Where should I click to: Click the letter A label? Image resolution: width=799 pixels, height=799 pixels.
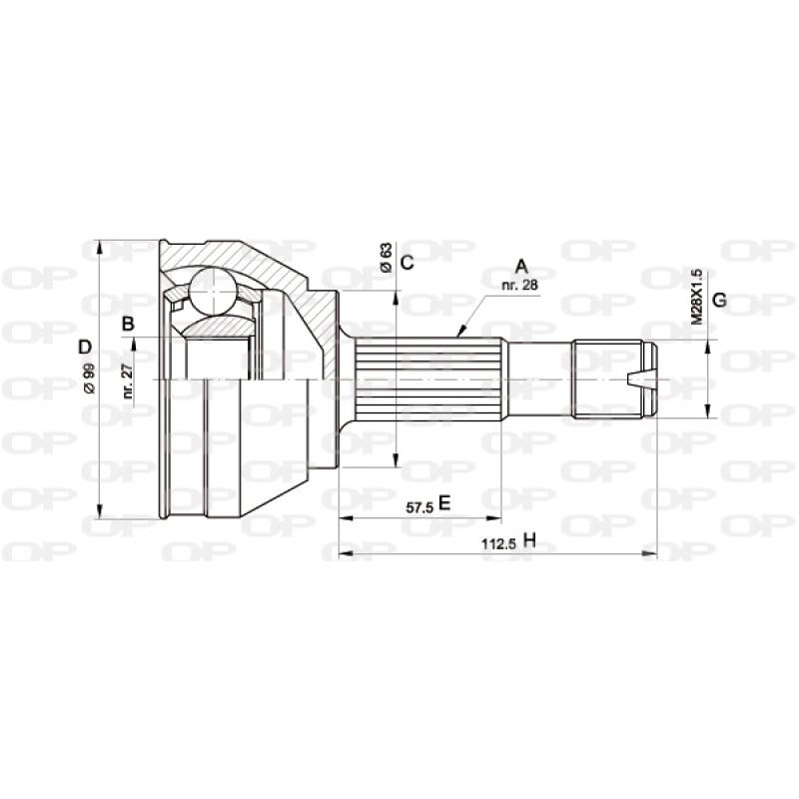click(x=520, y=266)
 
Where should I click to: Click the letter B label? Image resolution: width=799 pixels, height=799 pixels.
click(x=128, y=323)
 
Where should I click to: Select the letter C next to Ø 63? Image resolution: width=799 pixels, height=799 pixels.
click(x=406, y=263)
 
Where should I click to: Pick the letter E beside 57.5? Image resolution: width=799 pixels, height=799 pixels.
click(x=445, y=504)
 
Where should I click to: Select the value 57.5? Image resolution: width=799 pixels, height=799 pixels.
click(x=418, y=506)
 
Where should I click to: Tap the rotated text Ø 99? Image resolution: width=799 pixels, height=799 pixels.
click(x=88, y=381)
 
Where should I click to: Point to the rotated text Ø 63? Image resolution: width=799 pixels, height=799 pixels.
click(x=385, y=258)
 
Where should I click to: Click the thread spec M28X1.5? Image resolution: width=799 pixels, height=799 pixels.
click(x=696, y=296)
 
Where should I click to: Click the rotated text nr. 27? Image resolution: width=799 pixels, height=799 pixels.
click(x=128, y=381)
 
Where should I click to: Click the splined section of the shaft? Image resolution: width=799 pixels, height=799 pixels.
click(x=429, y=380)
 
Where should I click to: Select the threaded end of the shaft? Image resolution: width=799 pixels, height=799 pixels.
click(x=611, y=380)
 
